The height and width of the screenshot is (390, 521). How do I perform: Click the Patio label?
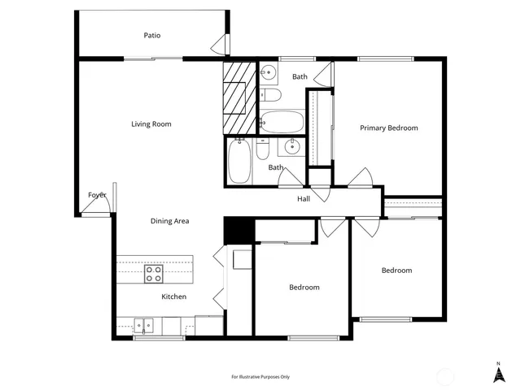pyautogui.click(x=151, y=35)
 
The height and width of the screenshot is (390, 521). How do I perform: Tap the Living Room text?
pyautogui.click(x=151, y=124)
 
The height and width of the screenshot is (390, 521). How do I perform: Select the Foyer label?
pyautogui.click(x=98, y=195)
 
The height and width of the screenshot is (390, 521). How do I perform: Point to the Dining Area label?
pyautogui.click(x=169, y=221)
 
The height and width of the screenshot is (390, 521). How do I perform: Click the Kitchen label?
pyautogui.click(x=173, y=297)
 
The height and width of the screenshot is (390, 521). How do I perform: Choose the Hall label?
pyautogui.click(x=304, y=199)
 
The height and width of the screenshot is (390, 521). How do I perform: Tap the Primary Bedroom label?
pyautogui.click(x=389, y=128)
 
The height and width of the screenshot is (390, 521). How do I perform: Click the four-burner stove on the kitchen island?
pyautogui.click(x=153, y=274)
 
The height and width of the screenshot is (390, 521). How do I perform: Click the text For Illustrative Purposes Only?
pyautogui.click(x=260, y=377)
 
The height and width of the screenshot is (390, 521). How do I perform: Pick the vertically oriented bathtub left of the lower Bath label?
pyautogui.click(x=239, y=161)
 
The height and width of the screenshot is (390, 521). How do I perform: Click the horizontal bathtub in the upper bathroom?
pyautogui.click(x=282, y=123)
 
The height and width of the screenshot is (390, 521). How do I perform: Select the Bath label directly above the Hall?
pyautogui.click(x=277, y=168)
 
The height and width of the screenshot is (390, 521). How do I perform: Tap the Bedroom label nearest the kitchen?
pyautogui.click(x=304, y=288)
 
